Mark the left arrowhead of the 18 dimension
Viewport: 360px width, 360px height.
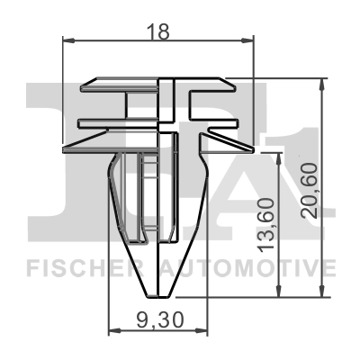[x=67, y=40]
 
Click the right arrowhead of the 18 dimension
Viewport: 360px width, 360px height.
[x=251, y=40]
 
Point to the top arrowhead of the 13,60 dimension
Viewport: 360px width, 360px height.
[x=278, y=155]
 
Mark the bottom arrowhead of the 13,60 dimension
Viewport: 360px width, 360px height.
[x=278, y=292]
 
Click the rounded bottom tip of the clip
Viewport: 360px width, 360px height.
[x=158, y=290]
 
